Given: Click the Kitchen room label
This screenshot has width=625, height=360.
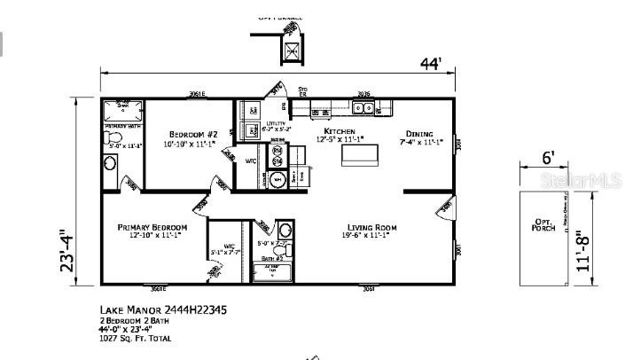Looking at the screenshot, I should (339, 131).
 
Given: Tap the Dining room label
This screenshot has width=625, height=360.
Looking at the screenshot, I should (419, 134).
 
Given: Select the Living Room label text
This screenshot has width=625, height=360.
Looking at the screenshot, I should (370, 228).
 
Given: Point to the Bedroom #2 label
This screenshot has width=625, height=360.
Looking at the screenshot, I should (189, 135).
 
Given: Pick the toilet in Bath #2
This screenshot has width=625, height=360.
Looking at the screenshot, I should (284, 229).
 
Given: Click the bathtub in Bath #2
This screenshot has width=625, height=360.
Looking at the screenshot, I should (271, 271).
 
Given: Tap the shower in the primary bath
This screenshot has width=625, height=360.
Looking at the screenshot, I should (122, 110).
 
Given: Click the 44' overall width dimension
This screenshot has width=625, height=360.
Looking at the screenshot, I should (431, 65).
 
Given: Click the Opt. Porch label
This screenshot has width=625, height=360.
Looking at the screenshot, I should (543, 226).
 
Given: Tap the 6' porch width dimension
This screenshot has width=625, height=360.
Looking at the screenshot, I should (549, 159).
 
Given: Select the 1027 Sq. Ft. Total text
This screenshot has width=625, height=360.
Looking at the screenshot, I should (135, 338).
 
